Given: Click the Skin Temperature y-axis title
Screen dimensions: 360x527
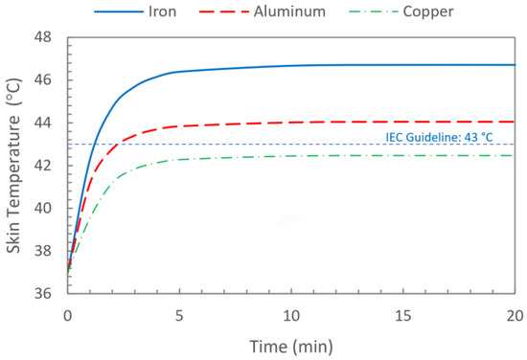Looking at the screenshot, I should pos(14,166).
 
